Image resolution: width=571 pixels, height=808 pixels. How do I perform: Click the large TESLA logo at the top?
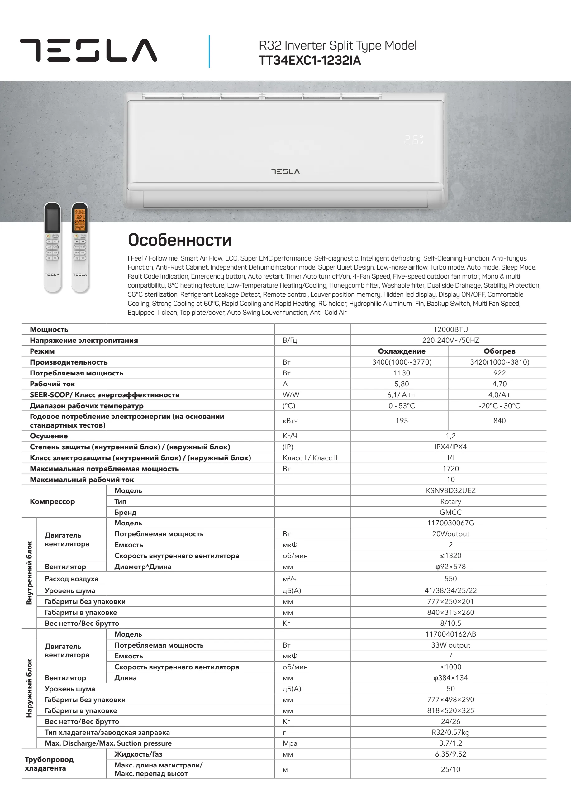88,50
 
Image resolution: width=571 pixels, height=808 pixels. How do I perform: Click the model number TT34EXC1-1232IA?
310,60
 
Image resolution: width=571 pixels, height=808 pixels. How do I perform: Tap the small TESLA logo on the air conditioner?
285,171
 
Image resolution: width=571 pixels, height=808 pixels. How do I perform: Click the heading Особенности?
179,240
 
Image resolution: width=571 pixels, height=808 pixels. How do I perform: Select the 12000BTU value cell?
450,329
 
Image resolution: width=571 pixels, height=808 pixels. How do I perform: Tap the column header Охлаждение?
402,351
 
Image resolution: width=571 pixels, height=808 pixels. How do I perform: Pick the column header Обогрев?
499,351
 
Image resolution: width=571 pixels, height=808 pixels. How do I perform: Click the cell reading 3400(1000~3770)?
402,362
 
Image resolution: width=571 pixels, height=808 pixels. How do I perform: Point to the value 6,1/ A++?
402,395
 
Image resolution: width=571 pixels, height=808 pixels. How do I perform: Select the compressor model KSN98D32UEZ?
450,490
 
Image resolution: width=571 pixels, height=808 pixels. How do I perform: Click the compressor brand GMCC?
450,512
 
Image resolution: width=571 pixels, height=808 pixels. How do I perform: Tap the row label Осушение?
49,436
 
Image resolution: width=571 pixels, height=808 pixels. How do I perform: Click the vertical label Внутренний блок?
29,572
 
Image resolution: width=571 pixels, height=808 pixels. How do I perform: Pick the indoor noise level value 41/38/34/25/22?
450,590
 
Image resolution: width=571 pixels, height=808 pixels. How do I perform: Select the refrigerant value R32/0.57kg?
450,732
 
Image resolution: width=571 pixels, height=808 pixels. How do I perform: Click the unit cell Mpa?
290,743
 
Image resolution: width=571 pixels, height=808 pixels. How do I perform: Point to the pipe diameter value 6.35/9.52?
450,754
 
